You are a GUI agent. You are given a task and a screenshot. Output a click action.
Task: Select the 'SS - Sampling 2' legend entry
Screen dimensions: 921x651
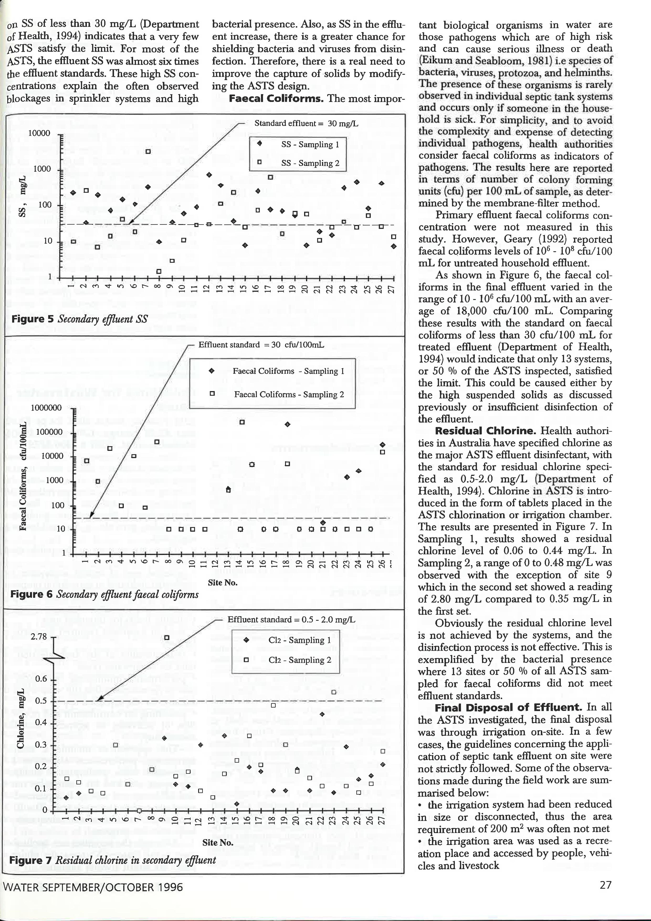tap(310, 163)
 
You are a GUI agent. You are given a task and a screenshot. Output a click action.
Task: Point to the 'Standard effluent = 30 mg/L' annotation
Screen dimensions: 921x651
tap(306, 123)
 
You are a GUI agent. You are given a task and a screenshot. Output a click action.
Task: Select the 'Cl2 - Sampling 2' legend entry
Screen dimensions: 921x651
tap(300, 660)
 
